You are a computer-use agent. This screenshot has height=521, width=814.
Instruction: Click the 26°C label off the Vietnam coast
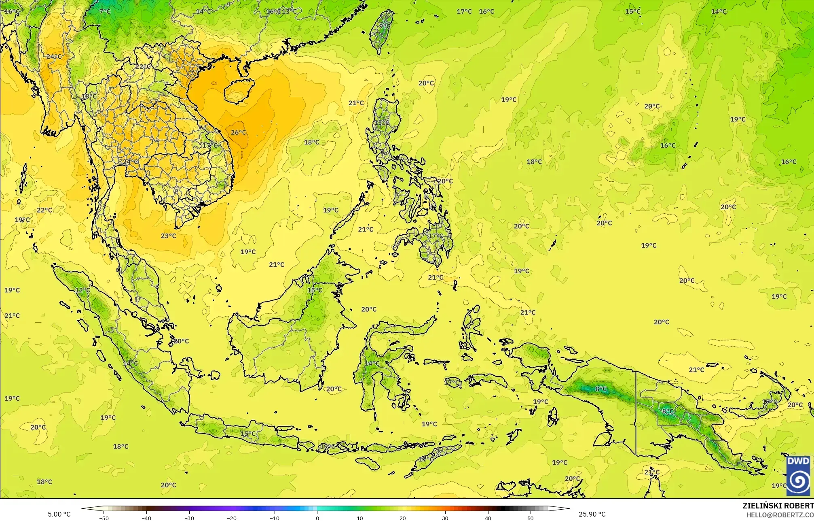238,132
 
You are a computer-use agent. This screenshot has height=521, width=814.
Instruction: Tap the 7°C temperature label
105,11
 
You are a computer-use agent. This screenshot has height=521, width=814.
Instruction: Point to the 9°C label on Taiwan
385,27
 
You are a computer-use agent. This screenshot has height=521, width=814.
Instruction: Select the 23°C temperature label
168,236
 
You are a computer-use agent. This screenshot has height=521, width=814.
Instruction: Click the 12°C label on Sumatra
82,290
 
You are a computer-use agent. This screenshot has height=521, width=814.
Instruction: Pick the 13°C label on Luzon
381,122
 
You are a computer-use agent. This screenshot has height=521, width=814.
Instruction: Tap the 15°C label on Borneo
315,290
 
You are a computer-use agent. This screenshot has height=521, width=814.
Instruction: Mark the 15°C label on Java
248,434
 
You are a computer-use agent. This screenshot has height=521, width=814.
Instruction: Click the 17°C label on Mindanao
435,236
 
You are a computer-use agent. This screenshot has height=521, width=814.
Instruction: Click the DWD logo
798,475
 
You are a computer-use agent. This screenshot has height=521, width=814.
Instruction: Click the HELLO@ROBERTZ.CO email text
780,515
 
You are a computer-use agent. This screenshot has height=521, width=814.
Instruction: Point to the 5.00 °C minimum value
59,515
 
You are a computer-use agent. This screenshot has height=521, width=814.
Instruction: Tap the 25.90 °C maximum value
592,515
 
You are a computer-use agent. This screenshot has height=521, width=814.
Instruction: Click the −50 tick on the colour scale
104,518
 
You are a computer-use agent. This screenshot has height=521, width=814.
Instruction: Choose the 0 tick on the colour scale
317,518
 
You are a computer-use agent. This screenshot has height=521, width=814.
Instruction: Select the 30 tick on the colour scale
445,518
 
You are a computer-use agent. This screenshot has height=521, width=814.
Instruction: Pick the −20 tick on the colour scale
232,518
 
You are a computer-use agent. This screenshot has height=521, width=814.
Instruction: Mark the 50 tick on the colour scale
530,518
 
